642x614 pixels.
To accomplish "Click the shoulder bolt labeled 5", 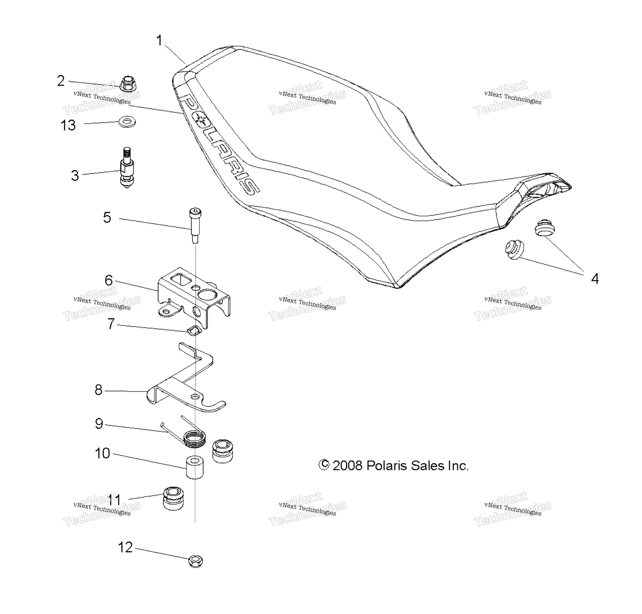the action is (195, 226).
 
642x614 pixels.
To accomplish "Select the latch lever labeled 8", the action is (186, 380).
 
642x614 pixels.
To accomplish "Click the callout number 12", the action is (125, 547).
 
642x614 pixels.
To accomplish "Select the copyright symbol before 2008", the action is (324, 465).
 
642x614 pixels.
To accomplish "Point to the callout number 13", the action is (68, 125).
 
